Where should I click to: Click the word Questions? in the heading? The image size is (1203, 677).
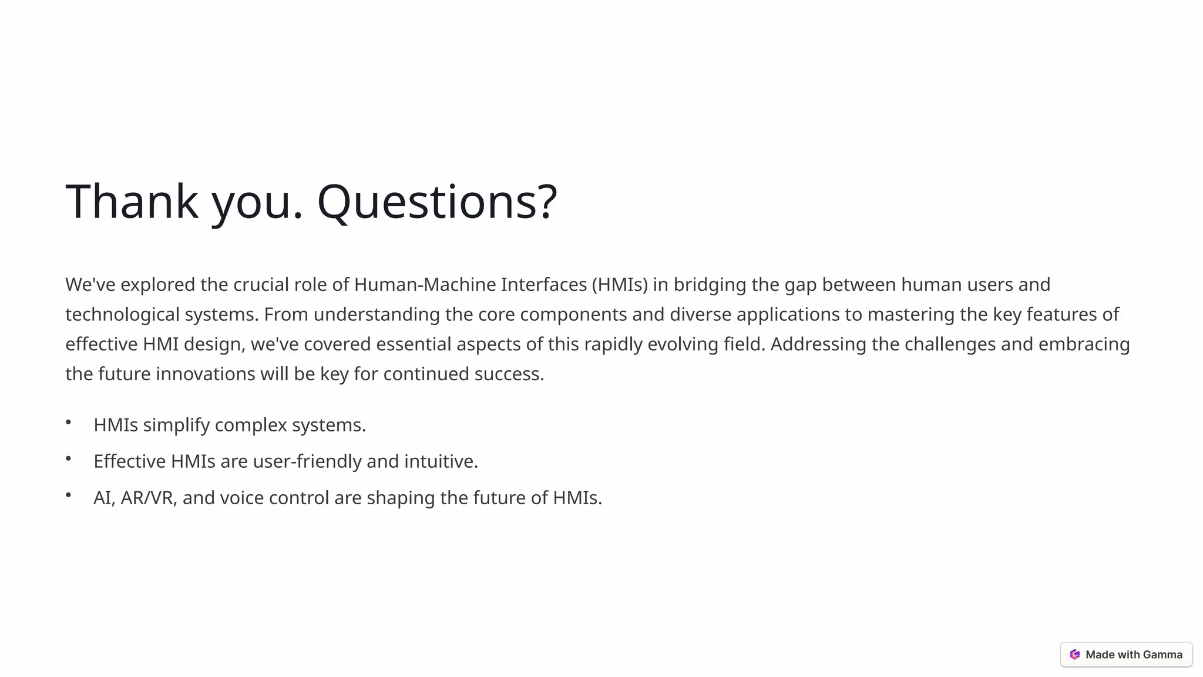point(436,202)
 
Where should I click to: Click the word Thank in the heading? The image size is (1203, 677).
point(132,202)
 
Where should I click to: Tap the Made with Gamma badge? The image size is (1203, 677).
point(1126,654)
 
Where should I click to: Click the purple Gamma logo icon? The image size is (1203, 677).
point(1075,654)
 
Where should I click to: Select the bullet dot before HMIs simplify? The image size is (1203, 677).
point(69,422)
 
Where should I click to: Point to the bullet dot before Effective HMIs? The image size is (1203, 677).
point(69,458)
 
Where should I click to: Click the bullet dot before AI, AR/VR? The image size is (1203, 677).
point(69,495)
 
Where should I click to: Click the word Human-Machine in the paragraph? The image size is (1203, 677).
point(425,284)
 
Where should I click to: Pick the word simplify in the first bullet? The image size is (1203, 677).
point(176,425)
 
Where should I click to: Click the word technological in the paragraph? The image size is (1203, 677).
point(122,314)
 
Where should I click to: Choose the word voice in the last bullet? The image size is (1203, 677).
point(241,498)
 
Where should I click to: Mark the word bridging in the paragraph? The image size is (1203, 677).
point(710,284)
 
